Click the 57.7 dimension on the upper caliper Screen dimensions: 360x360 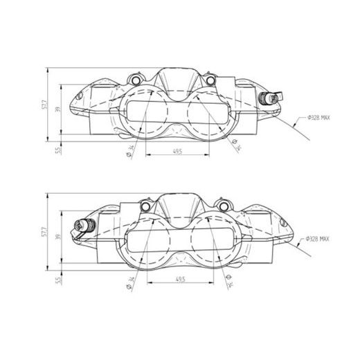click(x=44, y=108)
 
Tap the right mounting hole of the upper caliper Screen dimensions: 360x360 click(x=214, y=78)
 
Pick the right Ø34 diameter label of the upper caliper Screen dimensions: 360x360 click(x=233, y=146)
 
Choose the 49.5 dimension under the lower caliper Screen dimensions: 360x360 click(x=181, y=278)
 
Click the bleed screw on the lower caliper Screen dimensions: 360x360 click(x=83, y=224)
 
